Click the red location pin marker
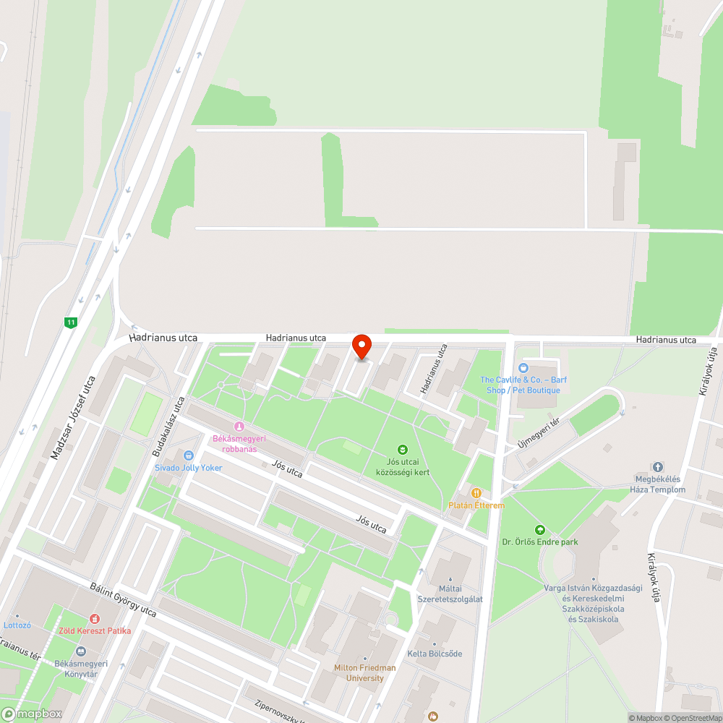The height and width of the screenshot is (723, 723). (361, 346)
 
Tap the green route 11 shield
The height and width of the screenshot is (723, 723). (70, 322)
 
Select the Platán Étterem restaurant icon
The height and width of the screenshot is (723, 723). (476, 493)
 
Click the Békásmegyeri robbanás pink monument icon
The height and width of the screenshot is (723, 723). (239, 426)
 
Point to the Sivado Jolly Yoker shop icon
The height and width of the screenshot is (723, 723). (189, 455)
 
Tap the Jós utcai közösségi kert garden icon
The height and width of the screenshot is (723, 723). (403, 450)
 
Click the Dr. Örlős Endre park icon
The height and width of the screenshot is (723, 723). (539, 530)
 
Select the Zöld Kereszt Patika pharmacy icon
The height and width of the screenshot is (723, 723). (95, 619)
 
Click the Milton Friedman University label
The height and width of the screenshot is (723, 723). (364, 672)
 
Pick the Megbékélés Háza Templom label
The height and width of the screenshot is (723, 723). (659, 484)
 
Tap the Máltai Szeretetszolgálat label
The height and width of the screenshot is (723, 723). (450, 594)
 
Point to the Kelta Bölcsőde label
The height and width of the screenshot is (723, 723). (435, 654)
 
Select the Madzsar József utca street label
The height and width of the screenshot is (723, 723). (73, 418)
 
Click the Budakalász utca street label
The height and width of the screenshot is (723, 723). (168, 426)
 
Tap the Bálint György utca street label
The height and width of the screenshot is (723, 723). (123, 599)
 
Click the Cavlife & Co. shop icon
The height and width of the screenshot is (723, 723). (523, 368)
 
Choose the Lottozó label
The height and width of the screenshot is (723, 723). (17, 625)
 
